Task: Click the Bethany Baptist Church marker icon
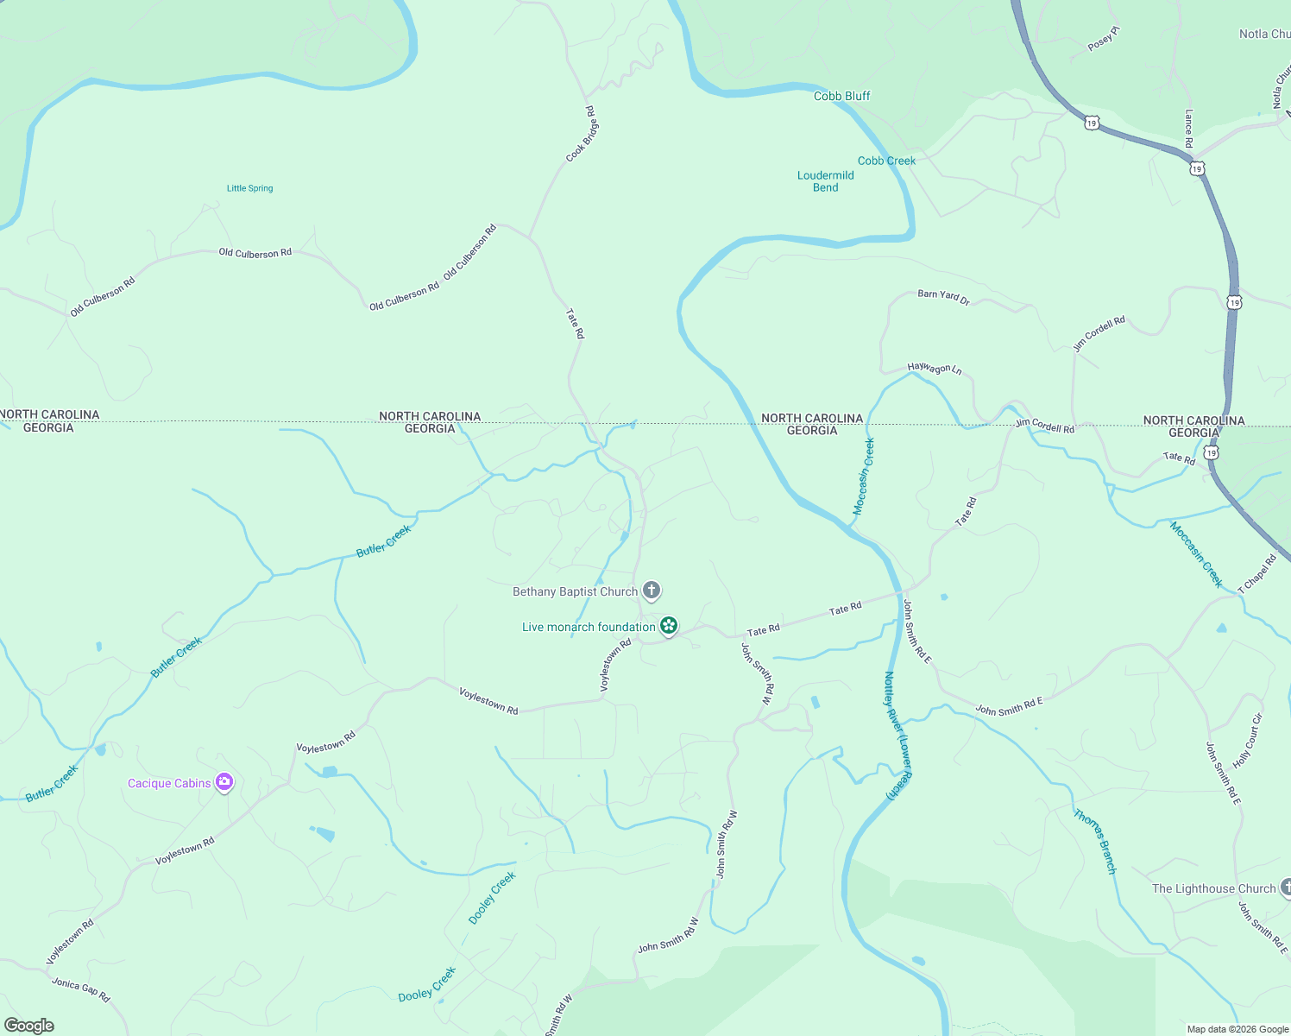click(x=652, y=591)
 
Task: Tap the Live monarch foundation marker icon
click(x=669, y=626)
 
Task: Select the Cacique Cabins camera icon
click(x=224, y=782)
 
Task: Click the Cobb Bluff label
click(x=841, y=96)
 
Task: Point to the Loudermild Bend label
click(x=825, y=181)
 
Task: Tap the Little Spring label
click(x=249, y=188)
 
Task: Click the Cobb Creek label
click(x=886, y=161)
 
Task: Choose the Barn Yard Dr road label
click(x=943, y=296)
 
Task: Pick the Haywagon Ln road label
click(x=934, y=369)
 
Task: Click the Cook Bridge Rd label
click(x=582, y=134)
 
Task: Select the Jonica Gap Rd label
click(x=81, y=989)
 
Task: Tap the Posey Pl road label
click(x=1103, y=39)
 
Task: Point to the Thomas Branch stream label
click(x=1095, y=841)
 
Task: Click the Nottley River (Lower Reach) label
click(x=897, y=736)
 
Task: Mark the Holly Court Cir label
click(x=1248, y=741)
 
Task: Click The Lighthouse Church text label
click(x=1213, y=888)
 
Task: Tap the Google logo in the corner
click(x=29, y=1026)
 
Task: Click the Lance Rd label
click(x=1189, y=129)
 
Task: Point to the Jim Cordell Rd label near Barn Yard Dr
click(x=1099, y=333)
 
